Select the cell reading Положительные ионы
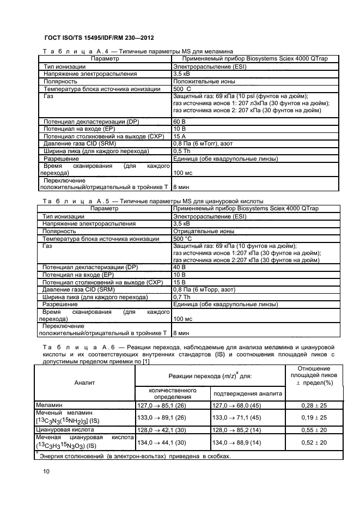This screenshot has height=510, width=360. tap(204, 81)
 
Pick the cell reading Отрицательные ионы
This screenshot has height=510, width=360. tap(204, 231)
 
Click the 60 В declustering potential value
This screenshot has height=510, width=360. tap(179, 120)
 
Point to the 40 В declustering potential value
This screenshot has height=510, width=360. tap(179, 268)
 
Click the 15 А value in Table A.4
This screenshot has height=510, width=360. tap(179, 136)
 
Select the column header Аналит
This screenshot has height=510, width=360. tap(84, 382)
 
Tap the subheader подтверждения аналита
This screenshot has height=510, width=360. tap(247, 393)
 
